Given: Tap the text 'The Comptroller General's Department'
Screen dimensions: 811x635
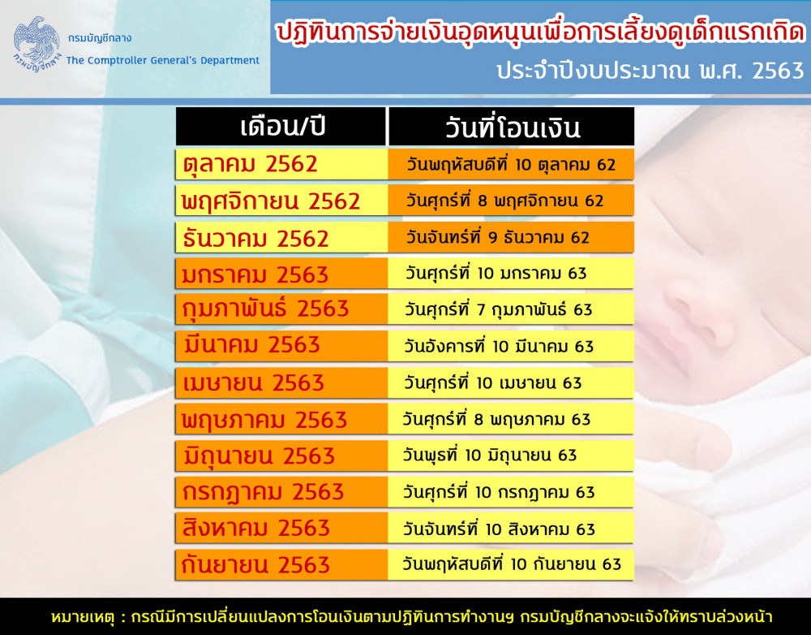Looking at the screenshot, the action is [163, 61].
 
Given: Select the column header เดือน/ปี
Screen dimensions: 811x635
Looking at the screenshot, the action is [282, 127].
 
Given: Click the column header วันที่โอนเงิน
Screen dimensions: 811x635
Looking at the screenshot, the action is [512, 127].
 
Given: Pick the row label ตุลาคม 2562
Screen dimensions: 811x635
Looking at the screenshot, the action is [250, 164].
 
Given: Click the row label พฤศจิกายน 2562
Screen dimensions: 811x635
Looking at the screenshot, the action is [271, 201].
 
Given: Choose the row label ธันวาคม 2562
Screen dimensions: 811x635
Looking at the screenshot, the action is [255, 238].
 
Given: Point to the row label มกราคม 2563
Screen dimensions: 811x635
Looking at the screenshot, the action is [255, 274].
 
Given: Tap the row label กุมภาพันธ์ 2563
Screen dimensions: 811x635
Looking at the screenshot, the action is [265, 309].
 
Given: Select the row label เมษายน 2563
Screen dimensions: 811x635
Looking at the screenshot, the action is [253, 382].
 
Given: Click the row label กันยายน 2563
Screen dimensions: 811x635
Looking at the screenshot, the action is [255, 564].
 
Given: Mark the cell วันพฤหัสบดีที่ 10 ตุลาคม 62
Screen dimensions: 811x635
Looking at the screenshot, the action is [511, 165].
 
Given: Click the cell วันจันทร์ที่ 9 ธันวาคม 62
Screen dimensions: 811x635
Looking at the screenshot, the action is [497, 237].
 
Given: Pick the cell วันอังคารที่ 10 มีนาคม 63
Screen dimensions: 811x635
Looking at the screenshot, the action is [499, 346].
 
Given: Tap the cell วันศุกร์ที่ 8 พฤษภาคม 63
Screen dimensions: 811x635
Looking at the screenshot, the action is [496, 419].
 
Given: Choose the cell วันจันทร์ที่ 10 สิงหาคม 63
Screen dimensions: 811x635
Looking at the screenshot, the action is [499, 529].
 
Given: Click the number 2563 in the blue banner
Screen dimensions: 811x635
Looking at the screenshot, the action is [778, 71].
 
